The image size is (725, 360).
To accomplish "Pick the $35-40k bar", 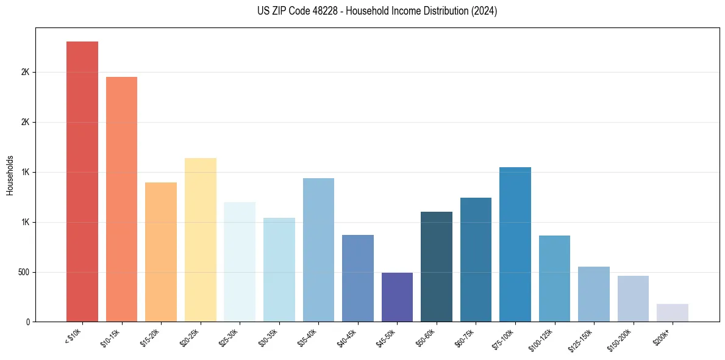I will (318, 250).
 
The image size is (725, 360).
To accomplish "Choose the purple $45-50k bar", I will (397, 297).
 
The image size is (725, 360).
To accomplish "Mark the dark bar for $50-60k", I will (437, 267).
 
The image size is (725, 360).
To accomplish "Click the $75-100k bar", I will (515, 244).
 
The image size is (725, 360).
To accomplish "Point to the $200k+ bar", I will (673, 312).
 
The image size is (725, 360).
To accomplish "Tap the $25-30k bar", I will (240, 262).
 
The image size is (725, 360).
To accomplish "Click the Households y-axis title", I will (10, 175).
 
